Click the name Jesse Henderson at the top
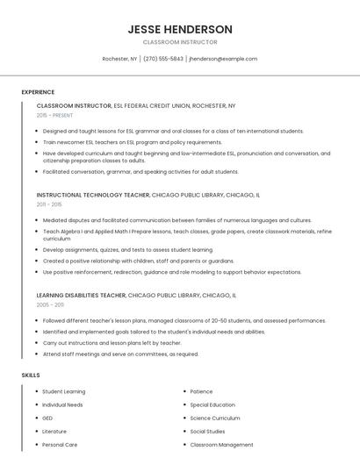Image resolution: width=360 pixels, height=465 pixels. [179, 29]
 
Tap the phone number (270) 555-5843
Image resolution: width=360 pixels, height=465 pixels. [163, 59]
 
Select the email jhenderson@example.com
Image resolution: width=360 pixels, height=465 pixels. [223, 59]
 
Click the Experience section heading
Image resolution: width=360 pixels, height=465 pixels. [38, 92]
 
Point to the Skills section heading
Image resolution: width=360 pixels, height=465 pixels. [31, 375]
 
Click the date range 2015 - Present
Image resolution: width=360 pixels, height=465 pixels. [55, 115]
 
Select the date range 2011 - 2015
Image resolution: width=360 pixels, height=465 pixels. [49, 204]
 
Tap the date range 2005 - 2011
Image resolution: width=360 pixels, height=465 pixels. [50, 305]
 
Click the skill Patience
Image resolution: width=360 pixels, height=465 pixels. [201, 391]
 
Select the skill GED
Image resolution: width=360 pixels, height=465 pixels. [48, 418]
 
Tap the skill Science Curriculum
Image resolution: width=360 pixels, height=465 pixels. [215, 418]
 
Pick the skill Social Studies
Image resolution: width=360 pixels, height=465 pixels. [207, 431]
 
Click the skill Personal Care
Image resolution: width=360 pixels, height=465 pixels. [60, 444]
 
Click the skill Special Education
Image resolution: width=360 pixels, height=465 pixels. [212, 404]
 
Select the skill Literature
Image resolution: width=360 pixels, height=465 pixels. [54, 431]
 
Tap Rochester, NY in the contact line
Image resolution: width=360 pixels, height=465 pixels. [119, 59]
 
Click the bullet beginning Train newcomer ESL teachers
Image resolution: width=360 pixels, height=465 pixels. [132, 142]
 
